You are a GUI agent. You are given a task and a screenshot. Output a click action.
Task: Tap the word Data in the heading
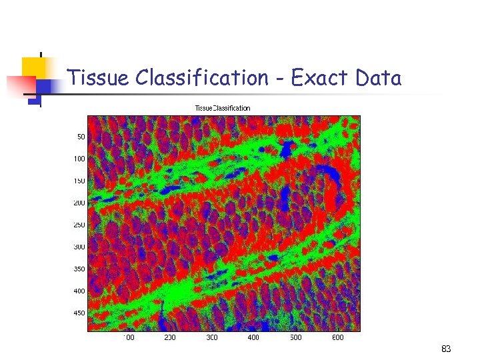click(x=378, y=78)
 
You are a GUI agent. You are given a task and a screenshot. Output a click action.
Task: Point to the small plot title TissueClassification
click(x=223, y=108)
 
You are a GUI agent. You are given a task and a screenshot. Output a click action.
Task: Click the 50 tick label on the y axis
click(x=81, y=137)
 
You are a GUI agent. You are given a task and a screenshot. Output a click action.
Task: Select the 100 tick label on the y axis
click(x=79, y=159)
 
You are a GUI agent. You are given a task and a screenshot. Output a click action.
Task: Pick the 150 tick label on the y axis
click(x=79, y=181)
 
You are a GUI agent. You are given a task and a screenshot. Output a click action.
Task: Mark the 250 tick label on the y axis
click(x=79, y=225)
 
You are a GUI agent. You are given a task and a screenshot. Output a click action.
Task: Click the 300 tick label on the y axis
click(x=79, y=247)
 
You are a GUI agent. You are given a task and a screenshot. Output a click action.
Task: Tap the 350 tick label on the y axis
click(x=79, y=269)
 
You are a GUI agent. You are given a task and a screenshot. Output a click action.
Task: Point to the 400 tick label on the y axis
click(x=79, y=291)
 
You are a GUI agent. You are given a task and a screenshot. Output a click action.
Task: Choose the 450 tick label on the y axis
click(x=79, y=313)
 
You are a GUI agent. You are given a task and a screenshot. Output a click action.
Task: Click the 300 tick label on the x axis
click(x=211, y=338)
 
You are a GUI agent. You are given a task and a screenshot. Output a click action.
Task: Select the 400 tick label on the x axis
click(x=253, y=338)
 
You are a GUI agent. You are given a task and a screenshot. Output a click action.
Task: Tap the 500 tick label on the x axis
click(x=295, y=338)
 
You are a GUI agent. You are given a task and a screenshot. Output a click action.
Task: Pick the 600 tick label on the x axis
click(x=337, y=338)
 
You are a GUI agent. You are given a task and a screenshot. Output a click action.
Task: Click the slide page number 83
click(x=446, y=349)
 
